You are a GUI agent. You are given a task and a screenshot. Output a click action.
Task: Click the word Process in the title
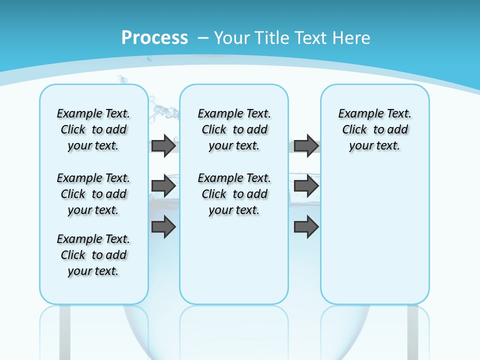(154, 37)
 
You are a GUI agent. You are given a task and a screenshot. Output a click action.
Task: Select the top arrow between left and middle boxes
(163, 146)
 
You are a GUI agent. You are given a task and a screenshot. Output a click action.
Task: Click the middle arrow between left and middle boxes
(163, 186)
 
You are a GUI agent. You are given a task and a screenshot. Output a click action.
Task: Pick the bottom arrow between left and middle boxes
(163, 227)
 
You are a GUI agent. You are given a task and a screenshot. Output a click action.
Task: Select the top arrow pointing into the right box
(306, 146)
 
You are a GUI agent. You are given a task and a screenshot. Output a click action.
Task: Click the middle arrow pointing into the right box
(306, 186)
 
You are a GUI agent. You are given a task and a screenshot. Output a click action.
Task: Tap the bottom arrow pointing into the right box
(306, 227)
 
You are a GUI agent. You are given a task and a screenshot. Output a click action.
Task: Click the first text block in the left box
(93, 129)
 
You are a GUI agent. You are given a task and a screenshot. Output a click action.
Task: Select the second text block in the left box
(93, 194)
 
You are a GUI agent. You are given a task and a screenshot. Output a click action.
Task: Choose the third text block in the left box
(93, 255)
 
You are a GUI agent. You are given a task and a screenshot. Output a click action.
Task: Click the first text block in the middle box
(234, 129)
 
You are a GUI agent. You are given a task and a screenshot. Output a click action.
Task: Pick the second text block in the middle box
(234, 194)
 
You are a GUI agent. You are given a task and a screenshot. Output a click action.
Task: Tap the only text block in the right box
(374, 129)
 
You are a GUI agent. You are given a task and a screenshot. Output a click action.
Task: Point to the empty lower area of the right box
(374, 235)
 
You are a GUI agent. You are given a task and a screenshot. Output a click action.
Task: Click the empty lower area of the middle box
(234, 260)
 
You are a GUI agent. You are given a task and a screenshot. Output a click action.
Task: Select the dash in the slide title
(203, 37)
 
